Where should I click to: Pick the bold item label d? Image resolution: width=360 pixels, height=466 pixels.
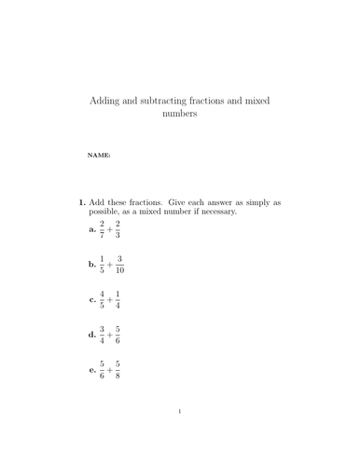92,336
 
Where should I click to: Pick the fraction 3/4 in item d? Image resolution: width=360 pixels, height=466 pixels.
103,336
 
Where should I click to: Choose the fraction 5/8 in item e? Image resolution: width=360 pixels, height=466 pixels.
118,371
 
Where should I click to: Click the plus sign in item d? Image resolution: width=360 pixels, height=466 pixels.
110,336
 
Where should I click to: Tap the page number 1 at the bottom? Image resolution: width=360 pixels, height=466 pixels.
180,436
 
